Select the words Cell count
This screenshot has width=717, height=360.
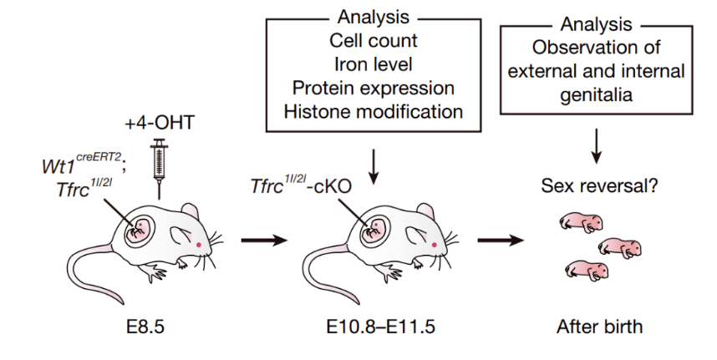(373, 41)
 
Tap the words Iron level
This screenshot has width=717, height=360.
(373, 64)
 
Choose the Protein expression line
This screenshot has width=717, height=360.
(373, 88)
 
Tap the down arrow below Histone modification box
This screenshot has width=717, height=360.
(373, 163)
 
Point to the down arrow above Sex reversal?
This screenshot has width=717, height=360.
(596, 147)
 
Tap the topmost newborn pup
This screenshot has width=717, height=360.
(580, 221)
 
